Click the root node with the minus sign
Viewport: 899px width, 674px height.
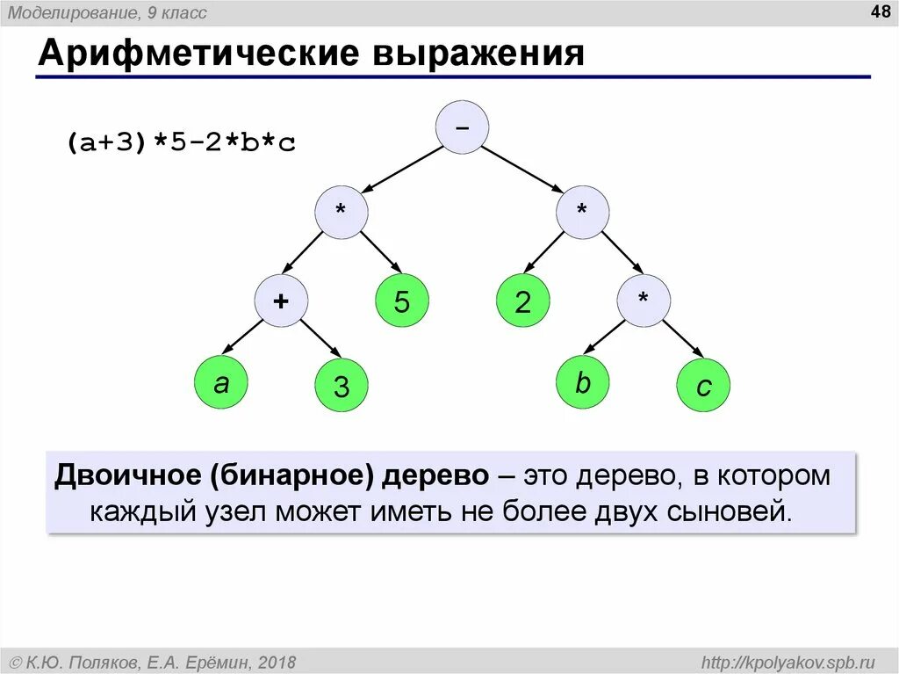pyautogui.click(x=462, y=127)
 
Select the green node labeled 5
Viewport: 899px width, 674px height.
pyautogui.click(x=401, y=302)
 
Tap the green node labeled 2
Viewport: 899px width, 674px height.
pyautogui.click(x=522, y=302)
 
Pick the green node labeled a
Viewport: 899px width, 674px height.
pyautogui.click(x=221, y=383)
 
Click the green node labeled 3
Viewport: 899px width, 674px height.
pyautogui.click(x=342, y=387)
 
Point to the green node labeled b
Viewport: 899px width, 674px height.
pyautogui.click(x=583, y=383)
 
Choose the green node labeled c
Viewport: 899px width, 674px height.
pyautogui.click(x=703, y=387)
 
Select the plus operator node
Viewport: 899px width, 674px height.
pyautogui.click(x=281, y=301)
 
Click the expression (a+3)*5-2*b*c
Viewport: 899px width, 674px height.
pyautogui.click(x=181, y=143)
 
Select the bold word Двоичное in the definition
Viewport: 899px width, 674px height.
pyautogui.click(x=128, y=475)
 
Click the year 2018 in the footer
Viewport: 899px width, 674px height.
pyautogui.click(x=277, y=662)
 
